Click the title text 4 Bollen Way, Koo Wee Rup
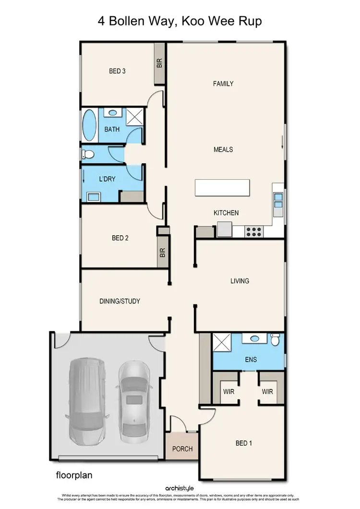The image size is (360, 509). pos(180,22)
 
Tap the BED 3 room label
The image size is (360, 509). pos(117,71)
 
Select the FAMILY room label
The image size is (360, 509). pos(223,84)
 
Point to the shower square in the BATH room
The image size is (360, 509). pos(135,117)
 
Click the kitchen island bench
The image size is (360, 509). pos(222,187)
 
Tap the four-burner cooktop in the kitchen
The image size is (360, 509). pos(253,231)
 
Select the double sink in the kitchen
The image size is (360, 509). pos(278,199)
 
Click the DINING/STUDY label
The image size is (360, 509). pos(120,301)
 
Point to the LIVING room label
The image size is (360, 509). pos(240,281)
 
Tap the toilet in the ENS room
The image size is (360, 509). pos(275,339)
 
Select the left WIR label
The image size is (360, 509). pos(228,391)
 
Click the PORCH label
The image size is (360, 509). pos(182,449)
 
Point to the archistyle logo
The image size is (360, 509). pos(180,489)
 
